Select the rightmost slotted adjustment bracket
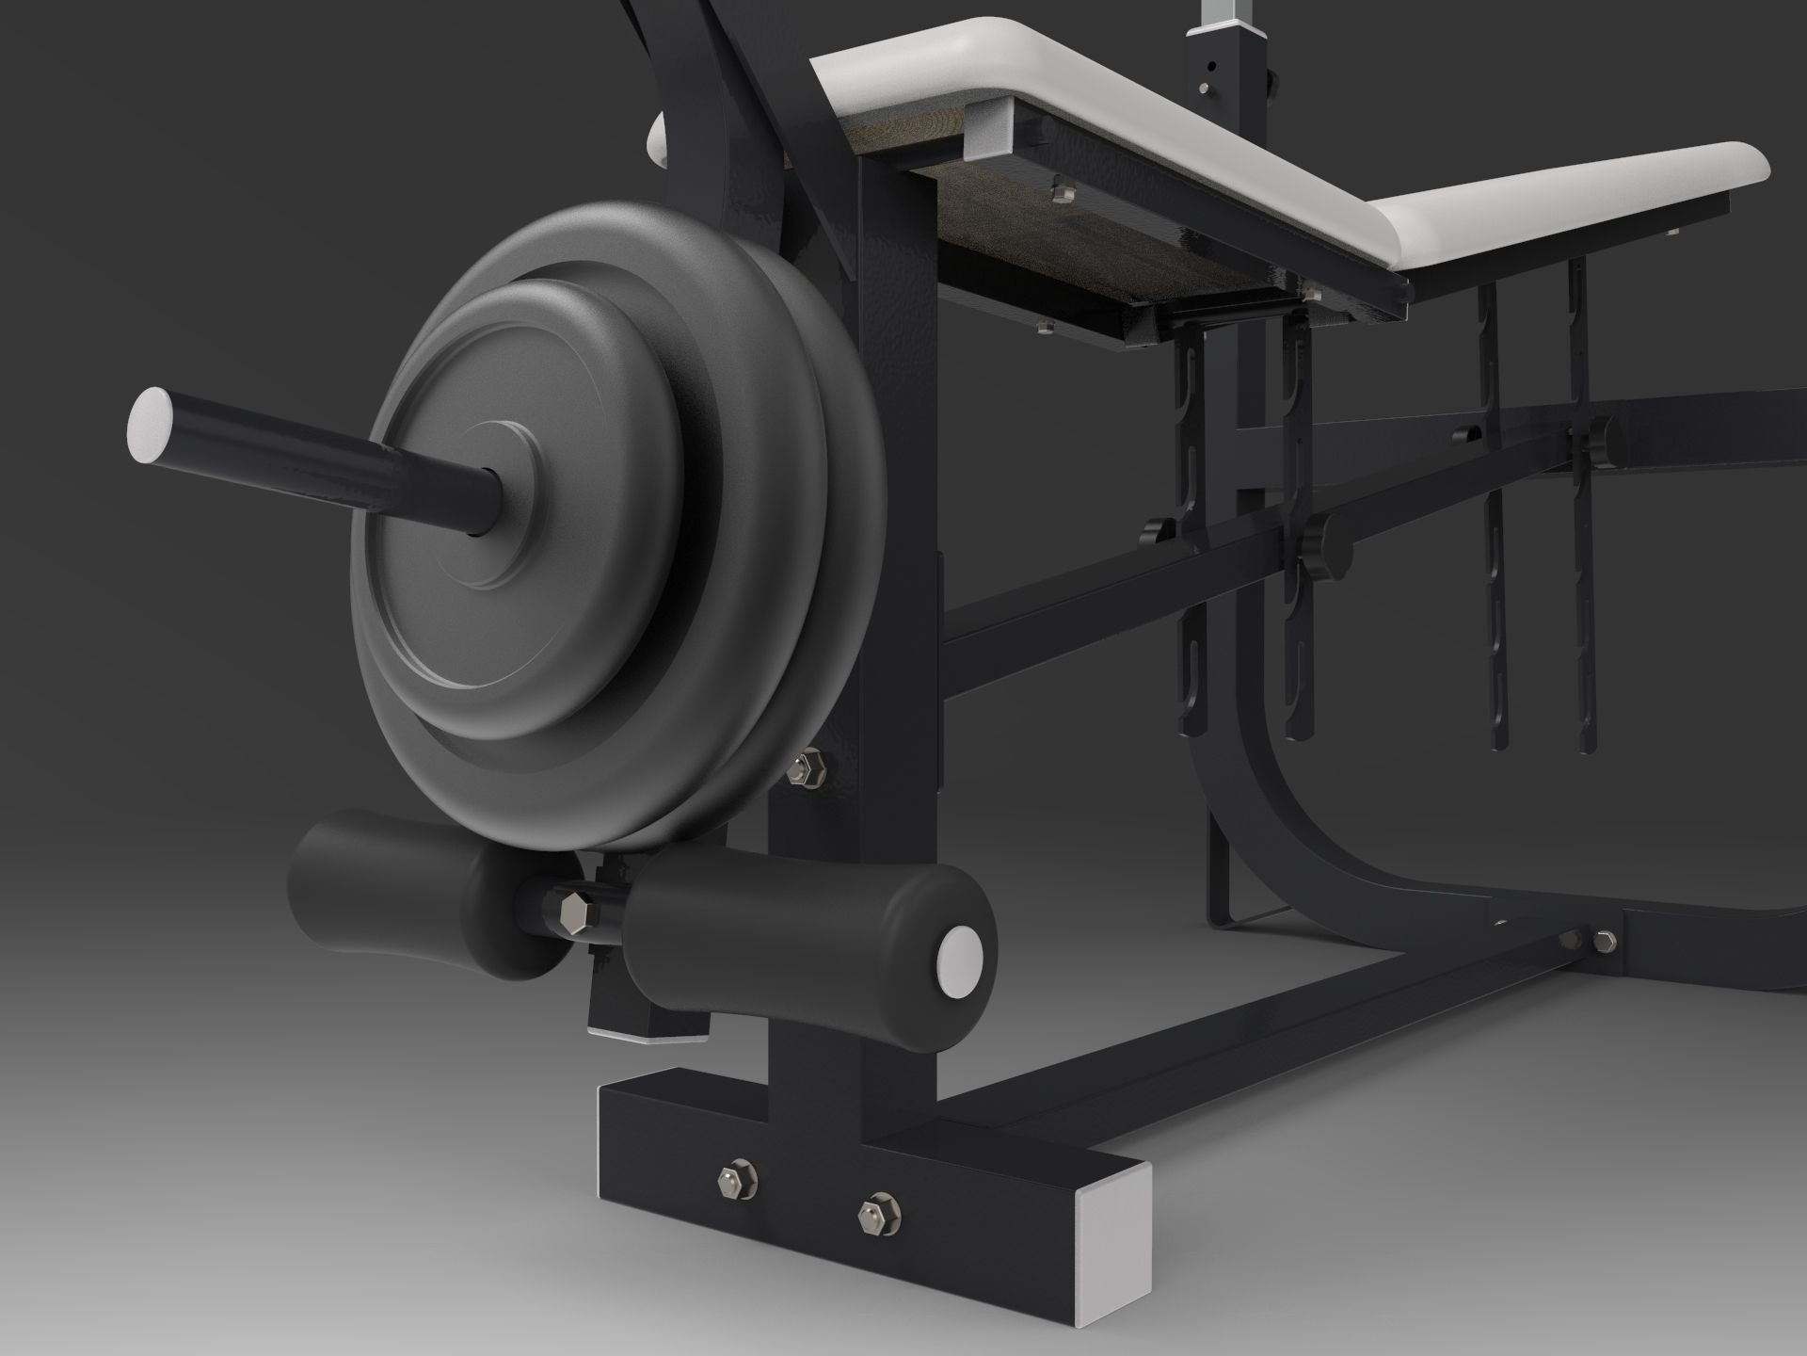(x=1581, y=527)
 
